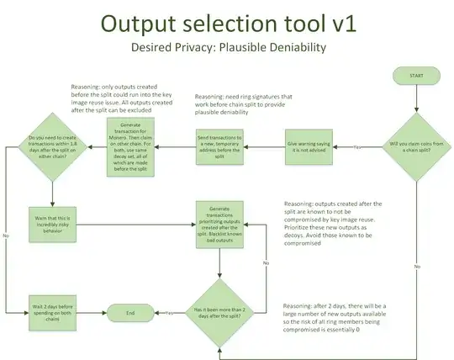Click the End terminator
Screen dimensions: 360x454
tap(130, 313)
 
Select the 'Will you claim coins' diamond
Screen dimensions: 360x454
tap(417, 146)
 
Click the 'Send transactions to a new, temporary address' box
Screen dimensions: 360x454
tap(219, 146)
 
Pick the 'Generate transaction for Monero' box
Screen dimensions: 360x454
tap(131, 146)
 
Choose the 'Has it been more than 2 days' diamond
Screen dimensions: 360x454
tap(220, 312)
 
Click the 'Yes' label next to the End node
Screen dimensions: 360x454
tap(170, 313)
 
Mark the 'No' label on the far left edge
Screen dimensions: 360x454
tap(6, 235)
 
